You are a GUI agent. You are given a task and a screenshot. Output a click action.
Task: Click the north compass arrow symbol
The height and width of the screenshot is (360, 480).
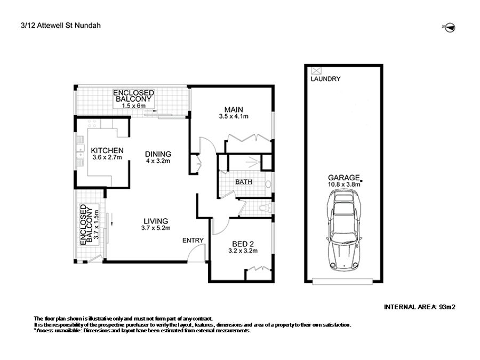coord(450,28)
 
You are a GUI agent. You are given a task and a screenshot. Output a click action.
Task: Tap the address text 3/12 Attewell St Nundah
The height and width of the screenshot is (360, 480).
coord(61,26)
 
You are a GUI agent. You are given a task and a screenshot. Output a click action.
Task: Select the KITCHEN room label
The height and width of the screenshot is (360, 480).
coord(107,150)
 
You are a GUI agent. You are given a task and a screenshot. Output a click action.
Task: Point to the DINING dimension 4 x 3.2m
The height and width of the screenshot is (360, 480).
coord(158,161)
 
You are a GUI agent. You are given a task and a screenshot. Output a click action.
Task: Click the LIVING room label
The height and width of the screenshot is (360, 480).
coord(156,221)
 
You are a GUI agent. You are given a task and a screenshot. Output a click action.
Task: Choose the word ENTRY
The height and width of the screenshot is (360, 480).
coord(193,241)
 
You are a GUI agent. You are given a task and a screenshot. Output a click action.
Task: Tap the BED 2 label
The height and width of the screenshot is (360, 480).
coord(243,244)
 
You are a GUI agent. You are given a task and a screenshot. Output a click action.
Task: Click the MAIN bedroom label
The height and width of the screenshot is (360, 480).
coord(234,109)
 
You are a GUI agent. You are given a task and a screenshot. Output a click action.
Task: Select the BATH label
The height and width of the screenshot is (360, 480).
coord(244,182)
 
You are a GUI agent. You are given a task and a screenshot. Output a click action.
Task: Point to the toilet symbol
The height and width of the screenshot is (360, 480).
coord(265,208)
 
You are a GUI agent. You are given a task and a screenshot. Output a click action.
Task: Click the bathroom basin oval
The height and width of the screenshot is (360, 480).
coord(268,184)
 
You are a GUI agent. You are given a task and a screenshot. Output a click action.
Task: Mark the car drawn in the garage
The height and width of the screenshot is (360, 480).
coord(344,230)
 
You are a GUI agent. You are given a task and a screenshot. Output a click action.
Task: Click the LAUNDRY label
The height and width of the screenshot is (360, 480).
coord(325,79)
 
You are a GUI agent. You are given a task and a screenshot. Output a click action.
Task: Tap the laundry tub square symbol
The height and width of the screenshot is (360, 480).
coord(316,71)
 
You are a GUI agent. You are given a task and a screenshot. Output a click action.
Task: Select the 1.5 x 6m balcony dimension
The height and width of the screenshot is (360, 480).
coord(133,106)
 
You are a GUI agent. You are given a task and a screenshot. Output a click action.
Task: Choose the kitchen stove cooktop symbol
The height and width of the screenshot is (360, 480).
coord(92,123)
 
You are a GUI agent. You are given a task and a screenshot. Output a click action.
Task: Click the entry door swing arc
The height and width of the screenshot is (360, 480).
coord(195,251)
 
